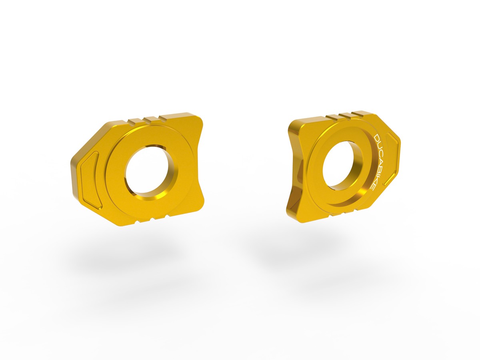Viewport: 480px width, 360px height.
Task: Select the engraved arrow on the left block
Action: (90, 176)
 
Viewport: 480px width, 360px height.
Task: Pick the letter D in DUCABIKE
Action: (377, 138)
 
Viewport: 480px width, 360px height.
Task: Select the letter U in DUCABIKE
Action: (378, 145)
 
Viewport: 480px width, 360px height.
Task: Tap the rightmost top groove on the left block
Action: (162, 118)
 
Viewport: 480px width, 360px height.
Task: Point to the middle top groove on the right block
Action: (343, 116)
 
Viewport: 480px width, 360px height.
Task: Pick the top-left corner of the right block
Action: (292, 122)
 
